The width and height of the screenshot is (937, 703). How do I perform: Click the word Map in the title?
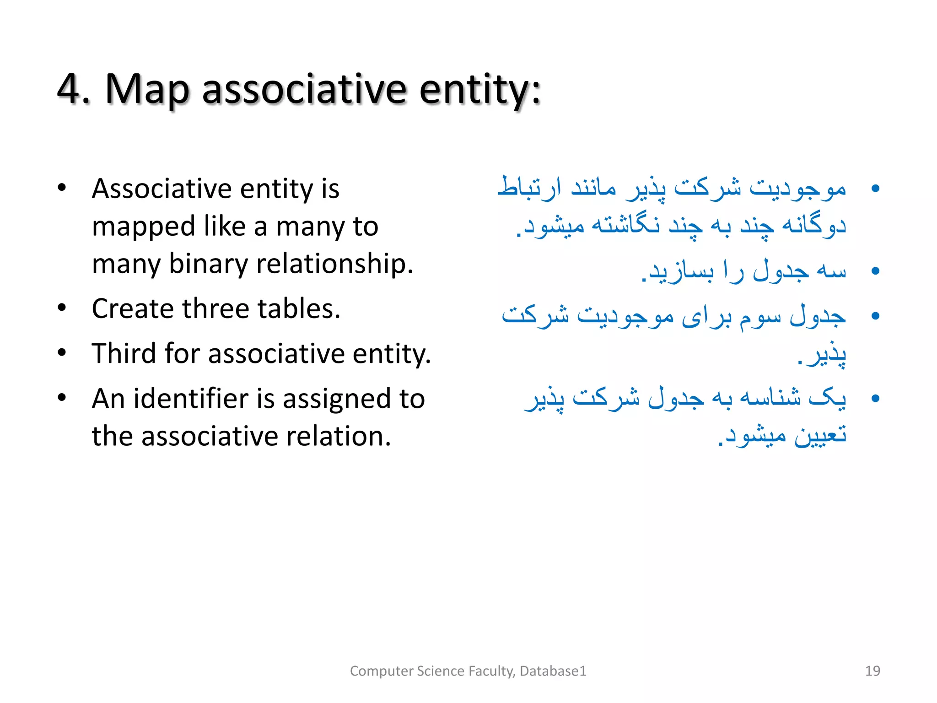pyautogui.click(x=147, y=90)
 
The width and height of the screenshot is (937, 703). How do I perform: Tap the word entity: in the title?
pyautogui.click(x=480, y=90)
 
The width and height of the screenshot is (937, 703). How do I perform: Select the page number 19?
pyautogui.click(x=872, y=671)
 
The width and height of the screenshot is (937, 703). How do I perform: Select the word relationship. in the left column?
pyautogui.click(x=334, y=265)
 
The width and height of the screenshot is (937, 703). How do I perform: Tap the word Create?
pyautogui.click(x=133, y=308)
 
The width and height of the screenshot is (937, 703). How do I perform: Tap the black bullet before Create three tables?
pyautogui.click(x=62, y=308)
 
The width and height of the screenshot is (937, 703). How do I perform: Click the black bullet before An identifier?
pyautogui.click(x=62, y=398)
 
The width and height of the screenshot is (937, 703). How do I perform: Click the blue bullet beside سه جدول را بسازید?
pyautogui.click(x=875, y=271)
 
